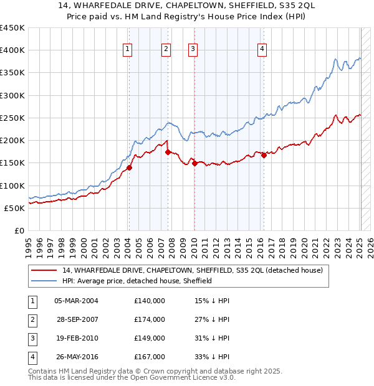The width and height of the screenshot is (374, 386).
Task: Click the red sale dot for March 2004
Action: click(x=129, y=167)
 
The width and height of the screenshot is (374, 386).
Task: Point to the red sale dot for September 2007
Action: click(x=168, y=152)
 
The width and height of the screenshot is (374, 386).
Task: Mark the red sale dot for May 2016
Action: click(x=264, y=155)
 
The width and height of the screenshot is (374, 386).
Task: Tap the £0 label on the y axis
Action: click(x=18, y=230)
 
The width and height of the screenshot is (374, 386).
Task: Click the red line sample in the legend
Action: click(x=44, y=270)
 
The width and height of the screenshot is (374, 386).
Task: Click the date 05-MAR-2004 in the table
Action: click(x=76, y=301)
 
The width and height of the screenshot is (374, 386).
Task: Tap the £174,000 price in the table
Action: click(x=150, y=319)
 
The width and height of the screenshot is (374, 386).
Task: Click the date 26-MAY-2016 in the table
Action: click(x=76, y=357)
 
